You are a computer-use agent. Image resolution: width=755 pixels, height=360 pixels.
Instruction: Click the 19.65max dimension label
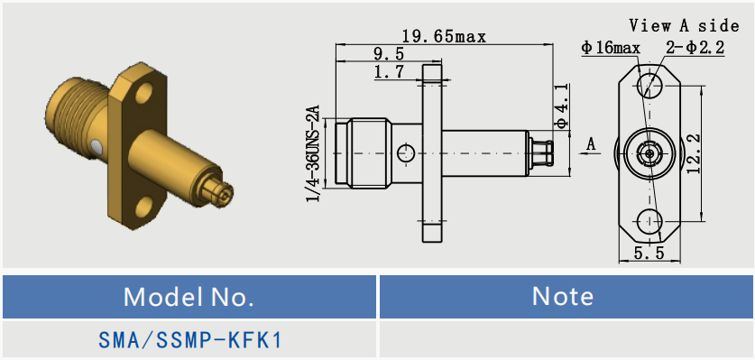pos(444,37)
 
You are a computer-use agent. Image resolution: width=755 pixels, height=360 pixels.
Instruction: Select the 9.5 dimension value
pos(389,53)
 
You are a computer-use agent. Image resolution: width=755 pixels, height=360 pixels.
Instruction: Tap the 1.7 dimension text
pos(389,72)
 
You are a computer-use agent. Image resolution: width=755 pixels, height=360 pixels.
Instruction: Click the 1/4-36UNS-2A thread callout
pos(314,152)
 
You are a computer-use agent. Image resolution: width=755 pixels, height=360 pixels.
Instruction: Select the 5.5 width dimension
pos(649,252)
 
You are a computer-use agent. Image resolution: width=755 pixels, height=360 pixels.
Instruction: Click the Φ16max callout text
pos(611,48)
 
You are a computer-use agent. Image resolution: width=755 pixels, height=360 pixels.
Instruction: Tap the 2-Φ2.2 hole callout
pos(695,48)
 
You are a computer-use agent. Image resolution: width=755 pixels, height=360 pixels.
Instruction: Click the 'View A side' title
pos(684,25)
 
